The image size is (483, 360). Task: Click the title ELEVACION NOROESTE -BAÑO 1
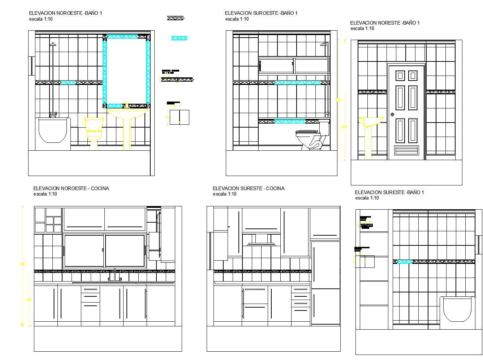(x=65, y=13)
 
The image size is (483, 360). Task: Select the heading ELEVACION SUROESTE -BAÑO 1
(x=261, y=13)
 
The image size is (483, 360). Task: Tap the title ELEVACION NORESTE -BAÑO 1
(x=385, y=23)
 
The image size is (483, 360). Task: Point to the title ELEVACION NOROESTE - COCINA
(x=71, y=188)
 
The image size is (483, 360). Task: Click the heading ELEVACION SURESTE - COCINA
(x=249, y=188)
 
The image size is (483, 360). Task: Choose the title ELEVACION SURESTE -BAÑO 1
(x=389, y=192)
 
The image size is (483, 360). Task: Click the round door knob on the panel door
(x=392, y=115)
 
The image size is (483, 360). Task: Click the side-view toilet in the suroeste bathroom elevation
(x=312, y=137)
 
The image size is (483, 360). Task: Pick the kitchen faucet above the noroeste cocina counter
(x=115, y=275)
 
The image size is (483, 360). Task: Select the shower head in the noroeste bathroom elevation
(x=53, y=44)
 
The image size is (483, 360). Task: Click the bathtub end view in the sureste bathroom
(x=458, y=310)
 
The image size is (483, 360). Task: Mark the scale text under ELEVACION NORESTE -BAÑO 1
(x=362, y=29)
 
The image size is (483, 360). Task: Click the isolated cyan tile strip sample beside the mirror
(x=180, y=38)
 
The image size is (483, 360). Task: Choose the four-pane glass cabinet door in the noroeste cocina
(x=53, y=224)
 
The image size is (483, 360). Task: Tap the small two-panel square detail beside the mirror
(x=180, y=117)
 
